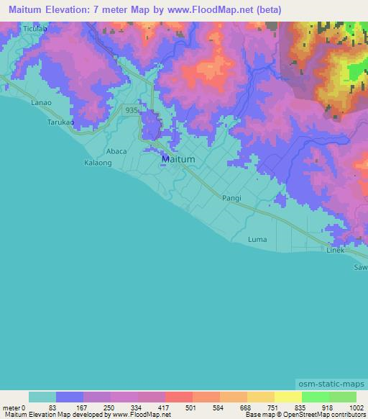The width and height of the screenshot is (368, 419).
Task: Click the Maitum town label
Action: tap(176, 158)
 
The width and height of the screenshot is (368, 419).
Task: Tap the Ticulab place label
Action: tap(34, 29)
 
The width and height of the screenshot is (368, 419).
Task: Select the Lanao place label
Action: tap(41, 103)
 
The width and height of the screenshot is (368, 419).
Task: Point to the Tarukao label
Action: tap(60, 122)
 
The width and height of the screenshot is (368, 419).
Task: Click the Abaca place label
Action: tap(96, 151)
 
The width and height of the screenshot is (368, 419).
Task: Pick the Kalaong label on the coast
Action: tap(98, 163)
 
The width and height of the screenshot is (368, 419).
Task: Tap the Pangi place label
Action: tap(231, 197)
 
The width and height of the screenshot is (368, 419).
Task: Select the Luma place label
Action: tap(257, 239)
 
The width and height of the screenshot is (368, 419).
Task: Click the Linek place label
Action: tap(336, 250)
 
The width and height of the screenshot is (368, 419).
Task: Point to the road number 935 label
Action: tap(131, 110)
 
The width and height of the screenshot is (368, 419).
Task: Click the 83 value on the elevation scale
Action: tap(52, 407)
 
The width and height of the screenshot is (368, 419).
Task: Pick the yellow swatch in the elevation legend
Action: tap(288, 397)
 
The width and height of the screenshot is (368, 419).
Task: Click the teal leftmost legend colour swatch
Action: tap(42, 397)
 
